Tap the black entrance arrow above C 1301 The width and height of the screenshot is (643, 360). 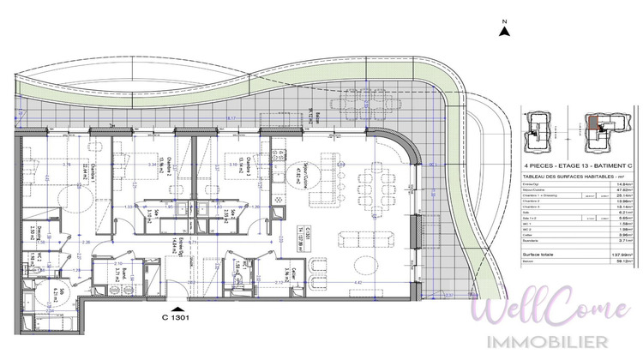pos(177,309)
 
